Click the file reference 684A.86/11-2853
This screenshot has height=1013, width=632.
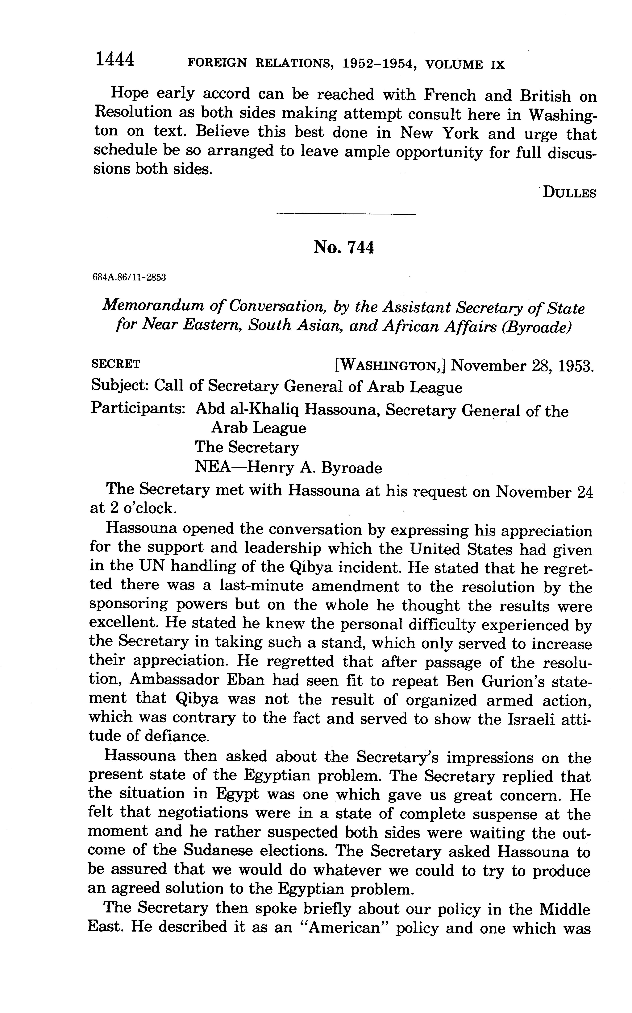(129, 278)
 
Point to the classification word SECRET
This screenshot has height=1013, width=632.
(116, 364)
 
